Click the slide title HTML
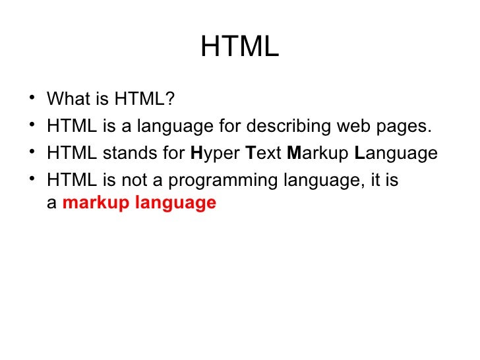[240, 47]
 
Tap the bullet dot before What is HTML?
[32, 100]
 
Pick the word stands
[123, 154]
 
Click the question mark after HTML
[170, 100]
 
